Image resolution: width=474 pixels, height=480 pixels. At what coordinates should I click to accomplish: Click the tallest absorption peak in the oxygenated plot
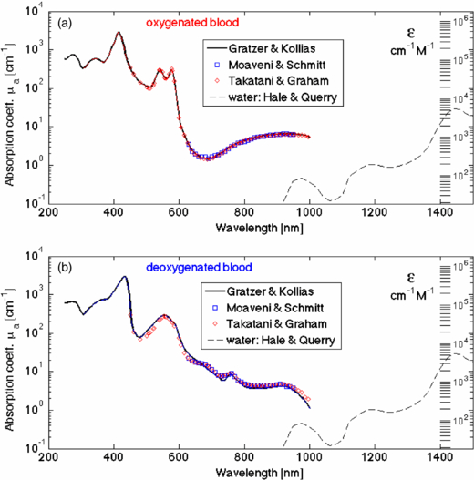pos(118,33)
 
